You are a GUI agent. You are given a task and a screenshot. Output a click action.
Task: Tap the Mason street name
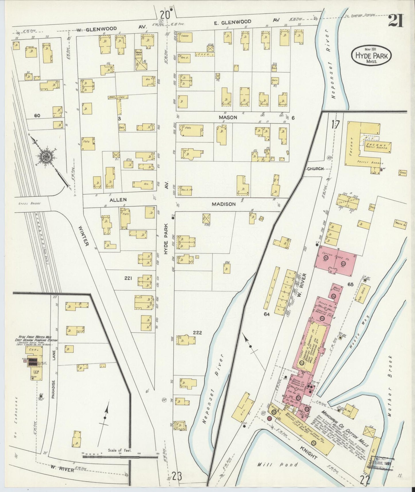tap(228, 117)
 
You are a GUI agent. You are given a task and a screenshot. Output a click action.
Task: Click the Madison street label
tap(224, 204)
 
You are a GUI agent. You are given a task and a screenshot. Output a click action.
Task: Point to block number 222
tap(198, 333)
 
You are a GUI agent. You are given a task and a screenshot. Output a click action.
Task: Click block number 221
tap(128, 278)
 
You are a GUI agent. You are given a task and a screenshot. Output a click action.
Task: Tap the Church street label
tap(315, 169)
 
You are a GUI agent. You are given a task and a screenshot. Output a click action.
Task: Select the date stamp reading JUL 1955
tap(382, 464)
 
